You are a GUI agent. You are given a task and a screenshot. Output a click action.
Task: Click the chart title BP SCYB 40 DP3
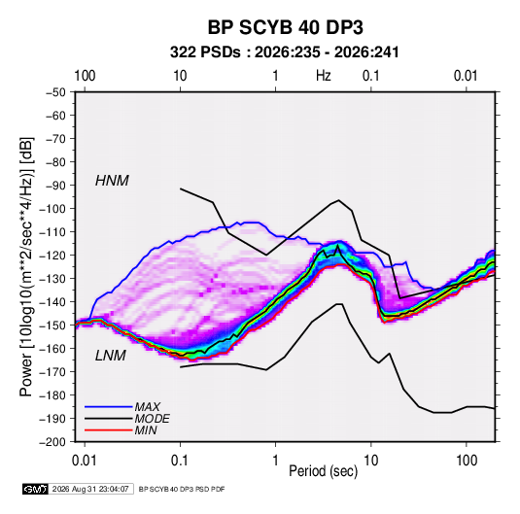click(285, 27)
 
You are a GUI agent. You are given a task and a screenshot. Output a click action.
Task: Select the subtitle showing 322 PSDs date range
click(284, 52)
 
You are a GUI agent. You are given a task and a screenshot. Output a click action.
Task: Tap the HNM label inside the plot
click(112, 181)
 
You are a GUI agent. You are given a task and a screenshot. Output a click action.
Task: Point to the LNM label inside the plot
click(111, 356)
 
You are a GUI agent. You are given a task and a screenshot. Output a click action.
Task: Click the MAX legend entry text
click(147, 407)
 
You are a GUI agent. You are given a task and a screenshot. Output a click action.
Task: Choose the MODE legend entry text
click(153, 419)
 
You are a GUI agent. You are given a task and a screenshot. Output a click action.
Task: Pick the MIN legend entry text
click(146, 430)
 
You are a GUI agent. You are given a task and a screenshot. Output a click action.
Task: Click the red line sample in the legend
click(109, 430)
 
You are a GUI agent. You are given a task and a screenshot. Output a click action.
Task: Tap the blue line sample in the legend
click(109, 407)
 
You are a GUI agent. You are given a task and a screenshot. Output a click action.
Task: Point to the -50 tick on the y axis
click(56, 92)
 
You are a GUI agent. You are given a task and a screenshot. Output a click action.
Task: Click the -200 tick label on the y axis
click(52, 442)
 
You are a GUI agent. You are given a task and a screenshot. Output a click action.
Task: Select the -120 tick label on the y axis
click(52, 256)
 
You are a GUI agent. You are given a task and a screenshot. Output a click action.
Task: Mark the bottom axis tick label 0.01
click(85, 461)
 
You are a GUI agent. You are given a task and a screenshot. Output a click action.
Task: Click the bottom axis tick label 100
click(467, 461)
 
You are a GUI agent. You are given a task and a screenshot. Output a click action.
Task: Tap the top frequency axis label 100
click(85, 76)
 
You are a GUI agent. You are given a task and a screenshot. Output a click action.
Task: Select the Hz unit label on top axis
click(324, 76)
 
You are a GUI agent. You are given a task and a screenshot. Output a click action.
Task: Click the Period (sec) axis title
click(324, 471)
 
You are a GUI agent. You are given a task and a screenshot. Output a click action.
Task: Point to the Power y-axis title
click(26, 266)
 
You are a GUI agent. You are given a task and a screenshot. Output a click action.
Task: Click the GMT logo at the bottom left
click(35, 489)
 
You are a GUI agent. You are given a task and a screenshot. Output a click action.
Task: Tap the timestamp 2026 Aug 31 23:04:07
click(90, 489)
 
